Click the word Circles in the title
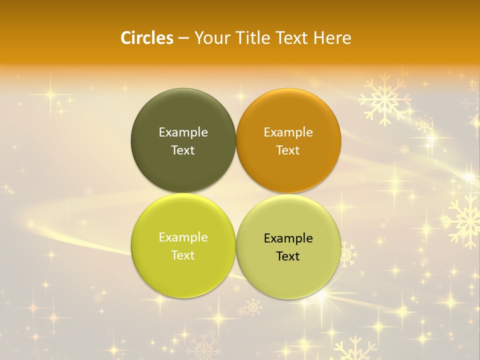point(146,38)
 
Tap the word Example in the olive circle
point(183,132)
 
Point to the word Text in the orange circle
point(288,150)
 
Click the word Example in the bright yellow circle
point(183,237)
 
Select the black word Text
point(288,256)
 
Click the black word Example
point(288,238)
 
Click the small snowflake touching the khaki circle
point(348,254)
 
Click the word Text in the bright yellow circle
point(183,255)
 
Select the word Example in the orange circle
point(288,132)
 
